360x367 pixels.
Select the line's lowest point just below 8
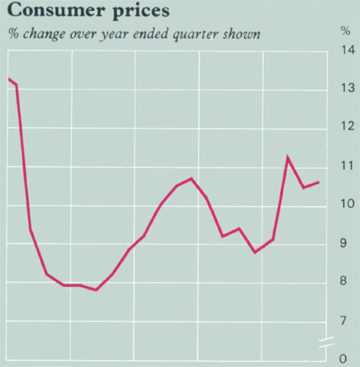tap(96, 290)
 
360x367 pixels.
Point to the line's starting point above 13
tap(8, 79)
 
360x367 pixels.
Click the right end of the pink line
tap(319, 182)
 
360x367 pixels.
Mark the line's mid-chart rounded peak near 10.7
tap(191, 178)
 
